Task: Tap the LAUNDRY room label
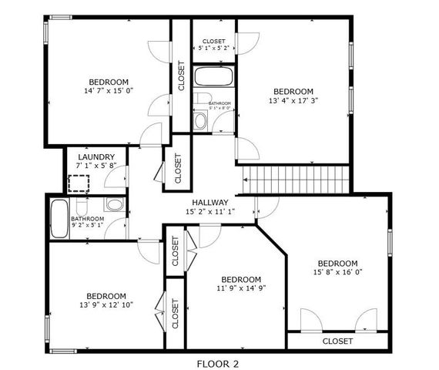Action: [96, 156]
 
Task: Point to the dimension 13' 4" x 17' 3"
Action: [293, 100]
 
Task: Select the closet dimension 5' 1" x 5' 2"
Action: [213, 49]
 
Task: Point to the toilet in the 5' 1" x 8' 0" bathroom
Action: [199, 119]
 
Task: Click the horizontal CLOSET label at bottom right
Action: [337, 341]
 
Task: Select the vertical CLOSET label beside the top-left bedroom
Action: [181, 76]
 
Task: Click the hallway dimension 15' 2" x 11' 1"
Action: [209, 212]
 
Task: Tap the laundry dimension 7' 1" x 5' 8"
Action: [96, 166]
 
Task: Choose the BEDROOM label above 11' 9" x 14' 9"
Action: [240, 279]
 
